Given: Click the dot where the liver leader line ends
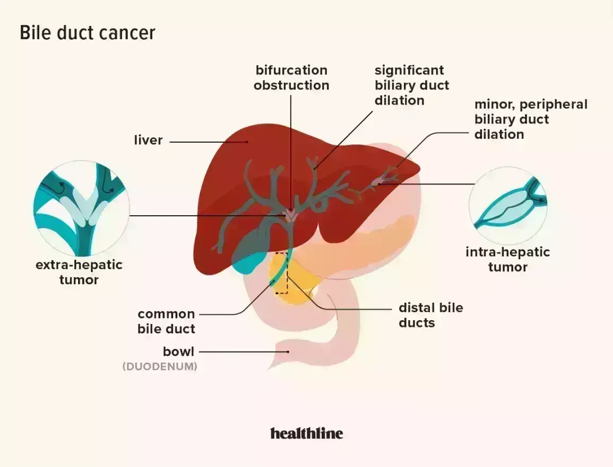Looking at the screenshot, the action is (247, 142).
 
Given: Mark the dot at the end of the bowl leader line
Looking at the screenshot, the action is (288, 352).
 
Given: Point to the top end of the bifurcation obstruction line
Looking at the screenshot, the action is (291, 95).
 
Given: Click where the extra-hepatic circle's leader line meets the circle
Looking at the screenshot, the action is (130, 216).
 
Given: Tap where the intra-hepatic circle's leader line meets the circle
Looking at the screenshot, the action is (474, 184).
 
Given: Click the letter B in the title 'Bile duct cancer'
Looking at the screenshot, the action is (24, 33).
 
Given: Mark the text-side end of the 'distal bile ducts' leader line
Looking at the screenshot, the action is (391, 309).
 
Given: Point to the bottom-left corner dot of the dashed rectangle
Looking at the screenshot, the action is (277, 293).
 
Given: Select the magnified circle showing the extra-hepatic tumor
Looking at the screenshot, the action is (82, 208).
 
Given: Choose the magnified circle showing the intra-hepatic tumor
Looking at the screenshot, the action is (508, 206).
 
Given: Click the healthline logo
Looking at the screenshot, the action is (307, 433).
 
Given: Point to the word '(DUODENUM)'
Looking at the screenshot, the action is (160, 367).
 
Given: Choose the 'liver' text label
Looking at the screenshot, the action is (148, 140).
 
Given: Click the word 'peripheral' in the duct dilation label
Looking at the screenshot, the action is (554, 104).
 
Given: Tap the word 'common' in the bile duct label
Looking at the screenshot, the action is (166, 314).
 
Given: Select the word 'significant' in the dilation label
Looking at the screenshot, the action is (409, 71).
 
